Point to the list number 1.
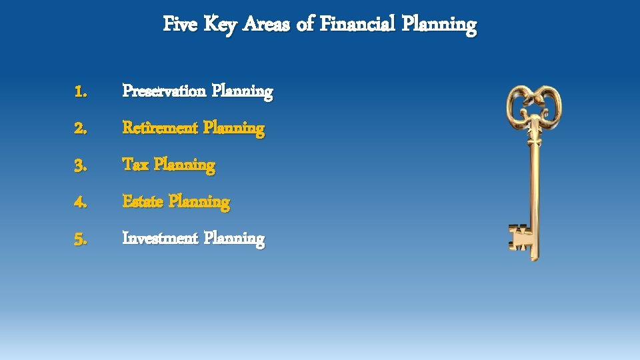pos(81,91)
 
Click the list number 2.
pos(81,128)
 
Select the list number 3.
pos(81,165)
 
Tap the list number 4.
pos(81,201)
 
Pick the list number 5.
pos(81,238)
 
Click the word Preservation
pos(164,91)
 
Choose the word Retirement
pos(160,127)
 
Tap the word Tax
pos(135,164)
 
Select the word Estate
pos(143,201)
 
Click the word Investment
pos(160,237)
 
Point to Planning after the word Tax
pos(185,165)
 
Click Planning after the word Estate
pos(199,201)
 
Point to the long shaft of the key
pos(534,187)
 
